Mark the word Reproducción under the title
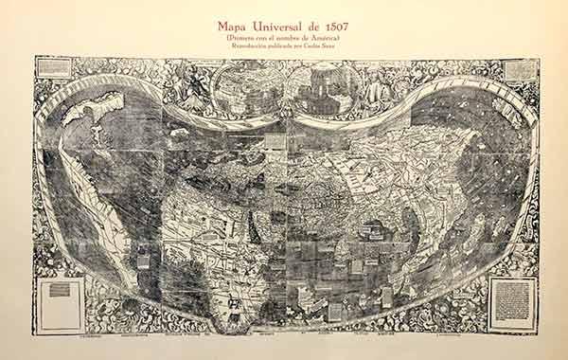[x=241, y=46]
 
